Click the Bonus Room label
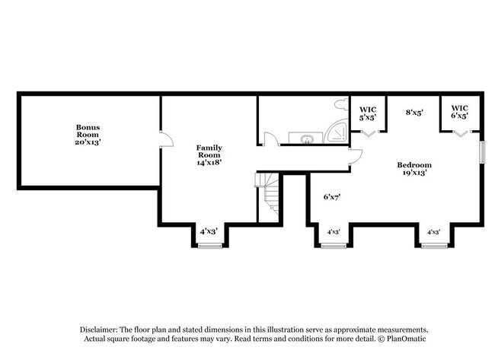[88, 131]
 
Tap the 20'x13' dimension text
[88, 141]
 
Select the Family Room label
[209, 151]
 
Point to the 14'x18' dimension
[209, 161]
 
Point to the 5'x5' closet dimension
[369, 119]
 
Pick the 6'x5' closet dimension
[459, 116]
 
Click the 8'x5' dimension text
[414, 112]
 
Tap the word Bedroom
[415, 164]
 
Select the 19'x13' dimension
[415, 173]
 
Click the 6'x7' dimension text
[331, 196]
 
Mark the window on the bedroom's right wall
[481, 151]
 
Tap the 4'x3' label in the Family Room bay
[209, 231]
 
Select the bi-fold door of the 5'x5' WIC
[369, 133]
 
